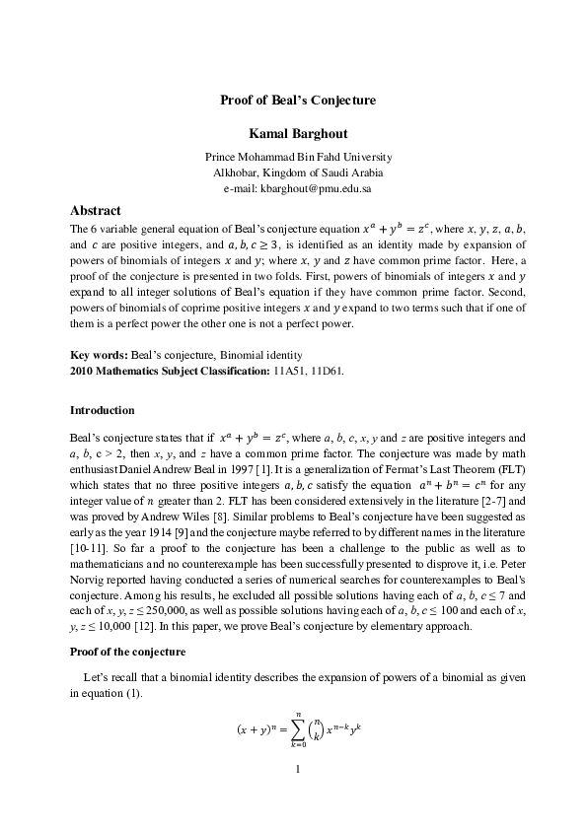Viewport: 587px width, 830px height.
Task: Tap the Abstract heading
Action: (x=96, y=211)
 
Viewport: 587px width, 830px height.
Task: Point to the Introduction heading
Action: (x=103, y=409)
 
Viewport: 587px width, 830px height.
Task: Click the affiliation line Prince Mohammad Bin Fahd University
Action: (x=298, y=156)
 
